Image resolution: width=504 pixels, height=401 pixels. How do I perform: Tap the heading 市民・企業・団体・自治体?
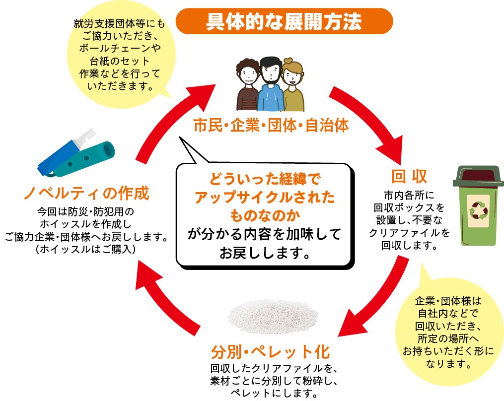point(271,126)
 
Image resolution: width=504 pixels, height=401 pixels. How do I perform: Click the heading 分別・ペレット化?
point(270,353)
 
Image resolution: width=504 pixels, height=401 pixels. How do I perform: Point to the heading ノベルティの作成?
point(86,193)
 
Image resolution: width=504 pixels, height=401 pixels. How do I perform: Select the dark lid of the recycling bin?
point(477,176)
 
